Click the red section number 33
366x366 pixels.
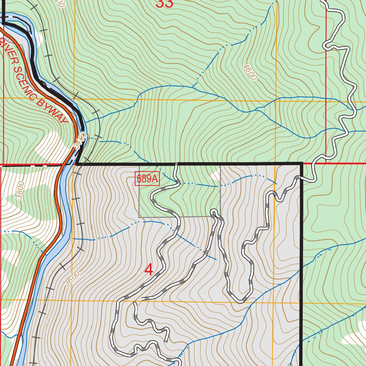(x=165, y=4)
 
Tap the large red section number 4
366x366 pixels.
(x=149, y=270)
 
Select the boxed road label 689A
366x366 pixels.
(x=147, y=179)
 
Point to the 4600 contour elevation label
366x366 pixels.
(x=249, y=72)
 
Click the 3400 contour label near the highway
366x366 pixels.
(x=80, y=140)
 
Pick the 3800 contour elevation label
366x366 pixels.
(x=20, y=191)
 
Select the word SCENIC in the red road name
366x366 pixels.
(x=25, y=79)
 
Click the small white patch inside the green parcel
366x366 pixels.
(x=215, y=175)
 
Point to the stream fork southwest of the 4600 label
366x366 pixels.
(x=193, y=86)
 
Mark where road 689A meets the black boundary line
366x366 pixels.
(x=176, y=164)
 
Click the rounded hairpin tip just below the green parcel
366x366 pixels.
(x=214, y=212)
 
